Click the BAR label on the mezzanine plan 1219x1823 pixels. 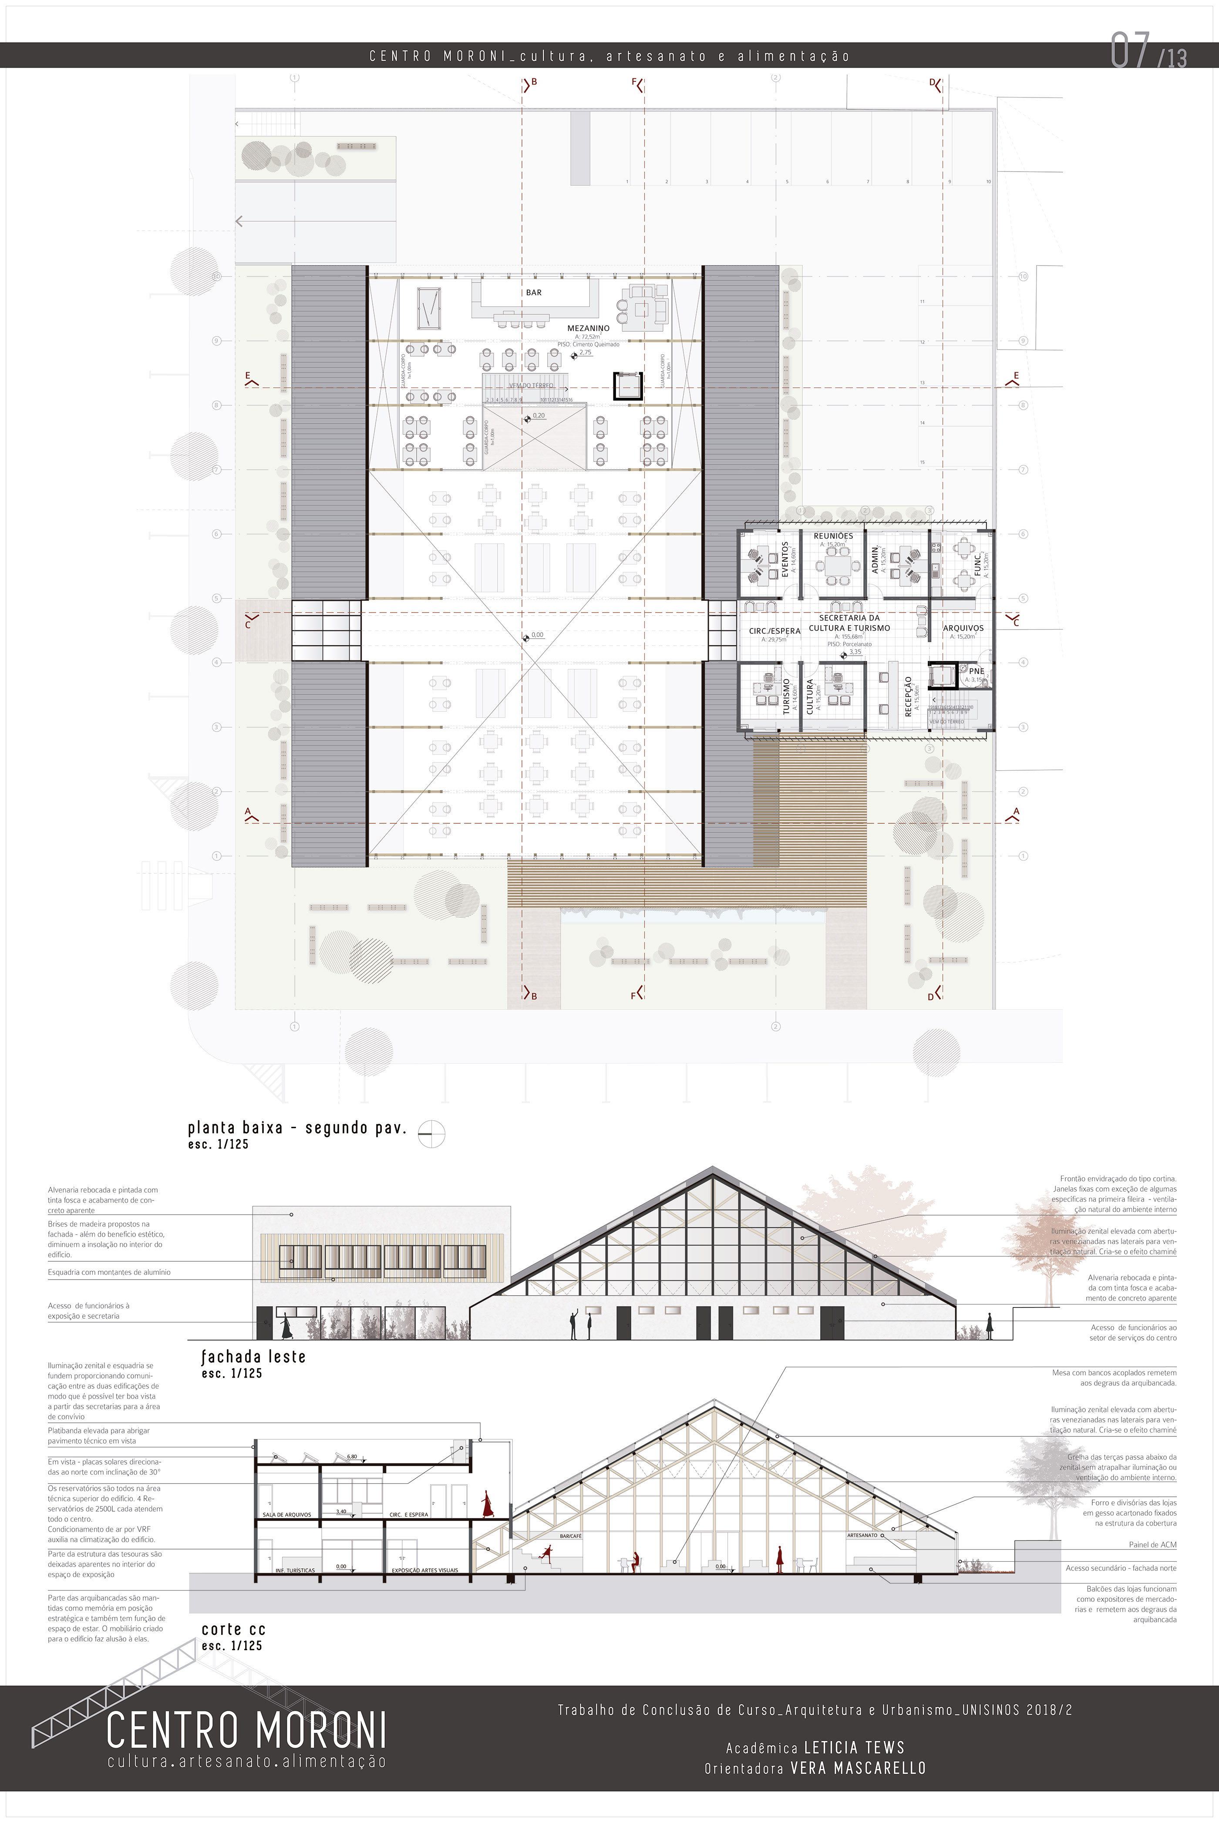[x=533, y=292]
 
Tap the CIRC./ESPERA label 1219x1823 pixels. [x=775, y=631]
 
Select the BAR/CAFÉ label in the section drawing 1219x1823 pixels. [x=570, y=1537]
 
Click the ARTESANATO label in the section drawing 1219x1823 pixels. [x=862, y=1535]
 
